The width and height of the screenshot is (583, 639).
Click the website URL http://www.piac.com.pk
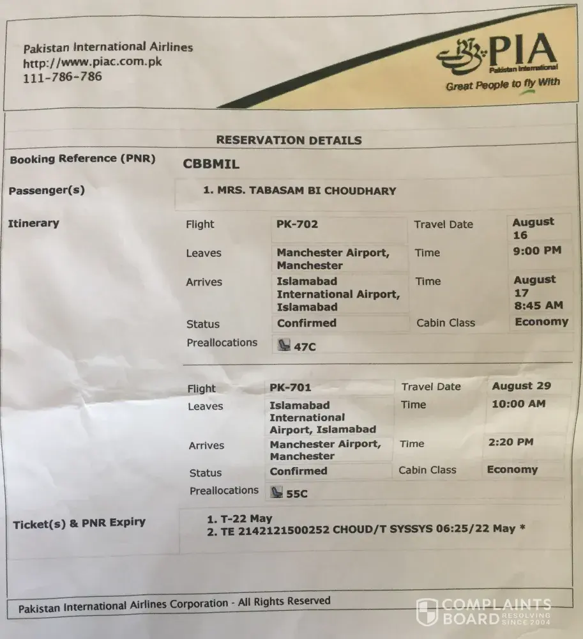click(92, 63)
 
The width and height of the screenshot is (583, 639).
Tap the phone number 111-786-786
click(62, 77)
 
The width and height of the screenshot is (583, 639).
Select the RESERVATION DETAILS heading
click(289, 140)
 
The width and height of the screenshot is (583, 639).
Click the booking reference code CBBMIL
click(211, 164)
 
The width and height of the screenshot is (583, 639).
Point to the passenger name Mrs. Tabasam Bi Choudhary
click(299, 190)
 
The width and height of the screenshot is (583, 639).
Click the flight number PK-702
click(297, 224)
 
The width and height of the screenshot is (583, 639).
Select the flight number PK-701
click(290, 387)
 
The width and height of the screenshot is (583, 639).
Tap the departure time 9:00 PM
click(538, 250)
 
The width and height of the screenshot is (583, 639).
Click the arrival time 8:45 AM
click(538, 305)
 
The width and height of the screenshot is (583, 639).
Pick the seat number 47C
click(305, 347)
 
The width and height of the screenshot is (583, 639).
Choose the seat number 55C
click(296, 493)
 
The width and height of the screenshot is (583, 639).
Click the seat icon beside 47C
click(283, 346)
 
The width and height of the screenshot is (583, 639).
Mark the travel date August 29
click(521, 386)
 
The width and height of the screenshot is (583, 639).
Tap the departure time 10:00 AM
click(519, 404)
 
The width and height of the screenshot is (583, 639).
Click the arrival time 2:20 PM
click(510, 442)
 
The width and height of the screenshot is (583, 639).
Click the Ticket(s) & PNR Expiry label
click(79, 523)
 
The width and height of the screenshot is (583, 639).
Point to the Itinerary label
click(33, 223)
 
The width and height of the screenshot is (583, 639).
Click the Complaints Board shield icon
click(427, 612)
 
